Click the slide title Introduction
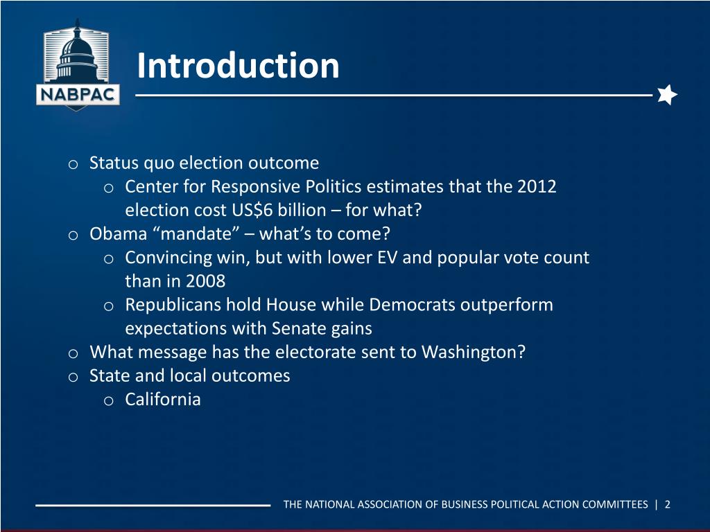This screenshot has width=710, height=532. click(x=238, y=66)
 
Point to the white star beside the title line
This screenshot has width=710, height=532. click(x=666, y=94)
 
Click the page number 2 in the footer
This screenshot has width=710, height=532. click(x=667, y=504)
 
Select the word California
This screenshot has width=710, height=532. click(x=163, y=399)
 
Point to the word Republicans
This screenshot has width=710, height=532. click(x=173, y=305)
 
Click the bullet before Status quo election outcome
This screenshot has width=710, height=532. click(x=72, y=164)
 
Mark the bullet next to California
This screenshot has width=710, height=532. click(x=108, y=400)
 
